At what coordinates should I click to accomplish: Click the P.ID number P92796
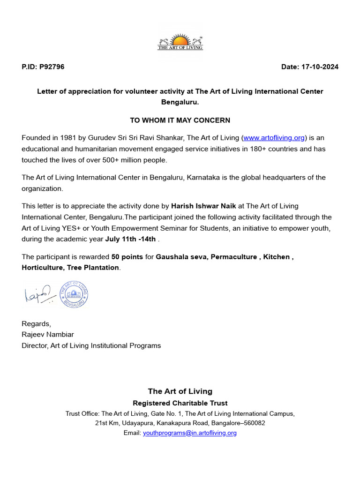click(52, 67)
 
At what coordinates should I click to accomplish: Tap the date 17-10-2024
click(322, 67)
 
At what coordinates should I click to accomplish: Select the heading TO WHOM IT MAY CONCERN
click(180, 120)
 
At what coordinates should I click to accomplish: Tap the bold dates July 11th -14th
click(130, 240)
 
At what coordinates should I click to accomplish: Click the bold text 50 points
click(127, 257)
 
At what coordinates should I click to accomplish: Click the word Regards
click(36, 324)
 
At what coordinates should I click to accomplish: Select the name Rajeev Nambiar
click(48, 335)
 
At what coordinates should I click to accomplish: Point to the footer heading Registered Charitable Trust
click(180, 403)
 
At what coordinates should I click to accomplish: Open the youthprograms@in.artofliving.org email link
click(189, 433)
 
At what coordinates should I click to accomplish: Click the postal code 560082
click(253, 423)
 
